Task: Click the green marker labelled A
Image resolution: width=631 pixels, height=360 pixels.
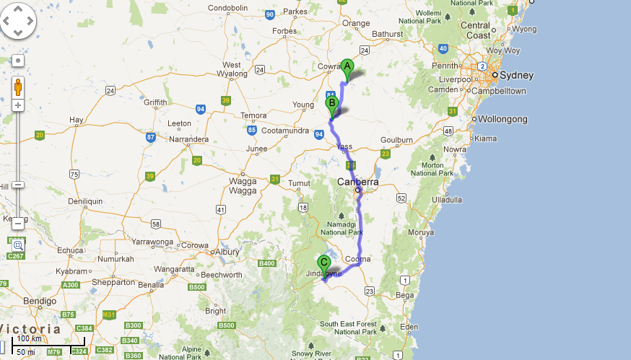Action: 347,69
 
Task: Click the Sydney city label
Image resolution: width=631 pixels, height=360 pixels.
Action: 517,75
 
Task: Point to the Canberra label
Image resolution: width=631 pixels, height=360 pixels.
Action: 357,182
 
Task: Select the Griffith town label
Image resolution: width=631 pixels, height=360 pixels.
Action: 155,102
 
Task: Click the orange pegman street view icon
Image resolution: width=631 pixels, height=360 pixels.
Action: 18,87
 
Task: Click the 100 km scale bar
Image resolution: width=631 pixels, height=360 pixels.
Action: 50,346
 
